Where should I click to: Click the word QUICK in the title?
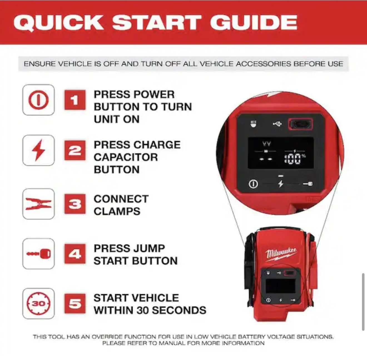point(59,23)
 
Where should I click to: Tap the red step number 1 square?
point(75,100)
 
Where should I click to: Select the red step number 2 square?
point(75,150)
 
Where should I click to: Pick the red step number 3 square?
point(75,204)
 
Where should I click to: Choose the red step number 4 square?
point(75,254)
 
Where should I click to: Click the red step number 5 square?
point(75,304)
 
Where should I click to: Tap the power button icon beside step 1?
point(38,100)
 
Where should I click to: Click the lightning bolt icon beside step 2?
point(38,150)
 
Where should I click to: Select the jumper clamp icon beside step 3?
point(38,204)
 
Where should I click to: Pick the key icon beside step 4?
point(38,254)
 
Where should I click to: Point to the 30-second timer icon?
point(38,304)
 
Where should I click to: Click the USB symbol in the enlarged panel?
point(277,124)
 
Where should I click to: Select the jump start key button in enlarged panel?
point(308,184)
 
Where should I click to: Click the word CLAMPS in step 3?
point(117,211)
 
